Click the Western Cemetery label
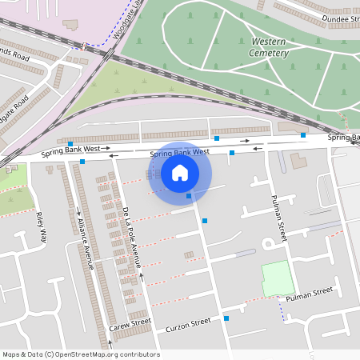click(269, 46)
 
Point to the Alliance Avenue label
click(85, 240)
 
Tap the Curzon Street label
click(188, 325)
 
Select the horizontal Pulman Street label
click(310, 295)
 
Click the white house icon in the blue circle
click(180, 173)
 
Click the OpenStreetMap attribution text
click(80, 354)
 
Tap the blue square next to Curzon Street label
click(226, 318)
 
